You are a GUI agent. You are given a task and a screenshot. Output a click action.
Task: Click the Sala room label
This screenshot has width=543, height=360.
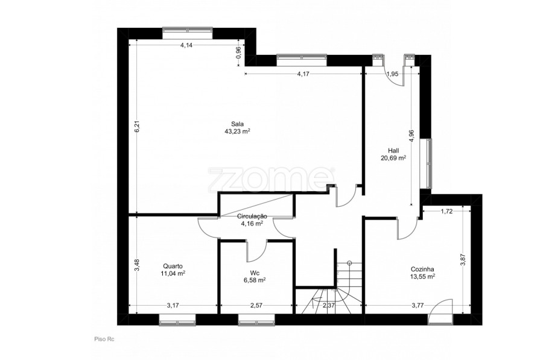click(x=238, y=124)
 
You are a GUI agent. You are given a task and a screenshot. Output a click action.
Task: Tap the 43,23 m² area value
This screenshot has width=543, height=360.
click(x=238, y=131)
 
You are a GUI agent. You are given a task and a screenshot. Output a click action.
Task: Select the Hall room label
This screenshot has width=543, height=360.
click(x=393, y=151)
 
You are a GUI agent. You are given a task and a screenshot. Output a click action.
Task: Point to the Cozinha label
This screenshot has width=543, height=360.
click(x=422, y=269)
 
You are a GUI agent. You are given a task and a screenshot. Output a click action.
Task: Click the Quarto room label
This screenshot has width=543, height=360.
click(x=173, y=266)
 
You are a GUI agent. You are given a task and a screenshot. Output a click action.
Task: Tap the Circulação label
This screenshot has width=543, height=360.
click(x=252, y=216)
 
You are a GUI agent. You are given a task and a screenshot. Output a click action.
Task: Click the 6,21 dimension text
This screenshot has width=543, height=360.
click(x=137, y=126)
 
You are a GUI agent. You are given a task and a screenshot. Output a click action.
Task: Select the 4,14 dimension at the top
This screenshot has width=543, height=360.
click(x=186, y=45)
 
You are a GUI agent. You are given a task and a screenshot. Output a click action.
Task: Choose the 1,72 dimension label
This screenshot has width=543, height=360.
click(x=446, y=212)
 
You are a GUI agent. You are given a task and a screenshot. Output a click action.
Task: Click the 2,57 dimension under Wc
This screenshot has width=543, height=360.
click(x=256, y=305)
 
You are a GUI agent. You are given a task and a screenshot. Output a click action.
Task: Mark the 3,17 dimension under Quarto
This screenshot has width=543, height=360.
click(x=173, y=305)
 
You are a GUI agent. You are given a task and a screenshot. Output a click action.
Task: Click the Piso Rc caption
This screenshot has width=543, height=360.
click(x=104, y=339)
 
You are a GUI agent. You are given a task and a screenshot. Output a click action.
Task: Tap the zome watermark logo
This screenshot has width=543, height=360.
click(x=270, y=179)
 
